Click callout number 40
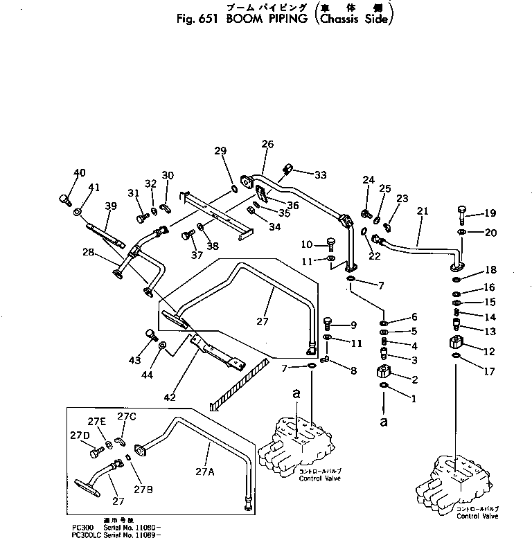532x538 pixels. tap(80, 172)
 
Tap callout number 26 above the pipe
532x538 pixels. tap(267, 144)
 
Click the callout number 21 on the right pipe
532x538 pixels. tap(423, 210)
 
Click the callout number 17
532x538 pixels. tap(490, 372)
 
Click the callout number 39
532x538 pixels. tap(110, 206)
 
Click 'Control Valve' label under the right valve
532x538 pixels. tap(477, 516)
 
